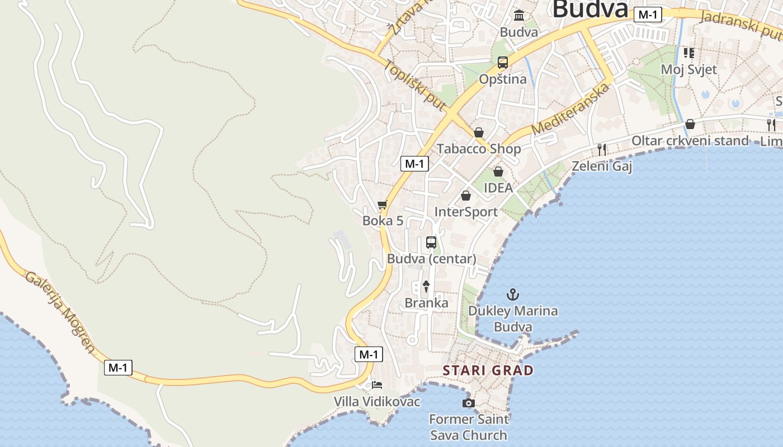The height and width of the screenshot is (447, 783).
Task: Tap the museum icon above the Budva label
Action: [519, 15]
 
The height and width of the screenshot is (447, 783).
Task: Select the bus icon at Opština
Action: [503, 63]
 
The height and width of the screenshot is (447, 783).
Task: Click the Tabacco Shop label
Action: [479, 149]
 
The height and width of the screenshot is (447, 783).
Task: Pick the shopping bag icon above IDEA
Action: [498, 172]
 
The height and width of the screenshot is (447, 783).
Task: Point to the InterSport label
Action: [466, 212]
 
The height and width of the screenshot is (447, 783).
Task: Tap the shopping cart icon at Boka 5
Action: [383, 205]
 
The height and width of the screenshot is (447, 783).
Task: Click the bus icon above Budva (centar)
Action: [431, 242]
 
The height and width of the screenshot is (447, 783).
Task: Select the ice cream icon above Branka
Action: [426, 287]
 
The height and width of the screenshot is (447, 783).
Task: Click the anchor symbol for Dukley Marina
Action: [513, 294]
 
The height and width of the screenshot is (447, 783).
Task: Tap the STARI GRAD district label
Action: [488, 370]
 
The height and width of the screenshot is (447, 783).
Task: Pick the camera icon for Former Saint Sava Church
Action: [469, 403]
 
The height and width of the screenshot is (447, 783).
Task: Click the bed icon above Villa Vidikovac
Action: [377, 385]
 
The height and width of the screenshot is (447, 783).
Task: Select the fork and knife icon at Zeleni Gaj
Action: [602, 149]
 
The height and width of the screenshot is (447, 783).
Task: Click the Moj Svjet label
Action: [689, 70]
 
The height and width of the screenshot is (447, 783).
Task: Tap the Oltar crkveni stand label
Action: [690, 140]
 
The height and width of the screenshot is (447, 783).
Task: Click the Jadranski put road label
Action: [741, 25]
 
